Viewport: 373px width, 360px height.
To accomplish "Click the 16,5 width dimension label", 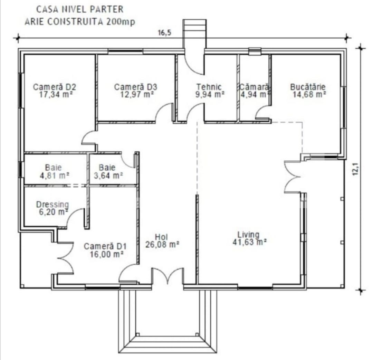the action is coord(165,33).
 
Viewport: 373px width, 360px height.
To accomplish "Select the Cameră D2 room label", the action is coord(55,87).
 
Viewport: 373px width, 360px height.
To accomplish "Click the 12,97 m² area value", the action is coord(137,94).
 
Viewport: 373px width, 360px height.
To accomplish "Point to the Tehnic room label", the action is coord(209,87).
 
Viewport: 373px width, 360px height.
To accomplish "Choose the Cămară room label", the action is coord(254,87).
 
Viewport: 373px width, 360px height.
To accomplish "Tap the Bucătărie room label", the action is coord(308,87).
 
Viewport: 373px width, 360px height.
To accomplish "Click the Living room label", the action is coord(249,234).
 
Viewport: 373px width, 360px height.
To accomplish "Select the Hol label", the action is coord(161,237).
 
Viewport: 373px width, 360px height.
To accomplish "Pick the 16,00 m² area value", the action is coord(107,254).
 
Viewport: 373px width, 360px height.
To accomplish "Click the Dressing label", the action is coord(52,205).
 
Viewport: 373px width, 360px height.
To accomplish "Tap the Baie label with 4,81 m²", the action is coord(53,167).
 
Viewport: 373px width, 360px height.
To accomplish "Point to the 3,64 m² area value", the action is coord(108,176).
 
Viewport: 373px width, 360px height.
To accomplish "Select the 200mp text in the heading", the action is coord(121,22).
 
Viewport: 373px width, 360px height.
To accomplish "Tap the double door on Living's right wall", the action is coord(292,177).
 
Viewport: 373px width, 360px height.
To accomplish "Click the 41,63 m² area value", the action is coord(250,242).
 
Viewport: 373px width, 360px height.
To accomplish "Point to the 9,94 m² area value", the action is coord(210,94).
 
